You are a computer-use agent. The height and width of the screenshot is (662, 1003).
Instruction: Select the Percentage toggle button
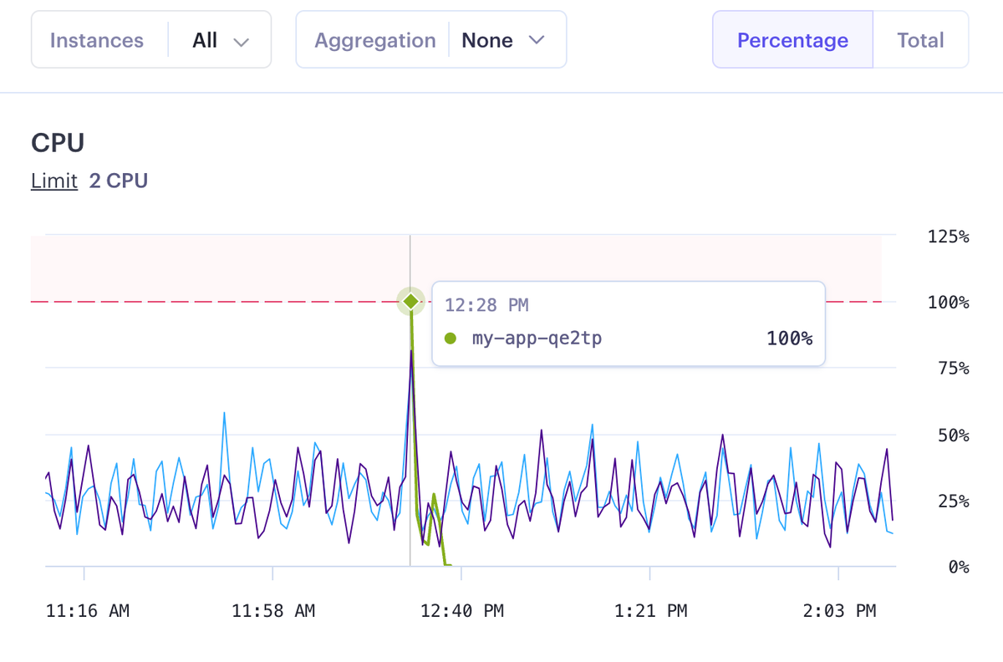792,40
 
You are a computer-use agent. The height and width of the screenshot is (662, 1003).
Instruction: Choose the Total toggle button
920,40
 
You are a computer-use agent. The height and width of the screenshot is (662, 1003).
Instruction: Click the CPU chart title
58,143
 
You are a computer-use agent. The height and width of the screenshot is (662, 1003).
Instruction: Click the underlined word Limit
54,181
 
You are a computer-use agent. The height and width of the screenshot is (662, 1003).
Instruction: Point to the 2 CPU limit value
119,181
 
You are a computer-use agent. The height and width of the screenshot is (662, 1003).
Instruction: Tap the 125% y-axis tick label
948,237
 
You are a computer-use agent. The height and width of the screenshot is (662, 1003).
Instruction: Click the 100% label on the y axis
948,303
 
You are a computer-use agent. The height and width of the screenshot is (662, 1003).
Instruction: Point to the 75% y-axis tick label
951,369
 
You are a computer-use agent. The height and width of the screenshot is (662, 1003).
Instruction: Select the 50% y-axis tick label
951,435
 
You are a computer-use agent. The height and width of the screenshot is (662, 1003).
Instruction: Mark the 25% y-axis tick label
951,502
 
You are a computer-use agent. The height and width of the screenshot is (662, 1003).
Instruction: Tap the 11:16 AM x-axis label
88,611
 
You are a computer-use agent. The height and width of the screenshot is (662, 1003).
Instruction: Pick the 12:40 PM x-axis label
462,611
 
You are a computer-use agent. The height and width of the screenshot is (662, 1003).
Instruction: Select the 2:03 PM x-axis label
839,611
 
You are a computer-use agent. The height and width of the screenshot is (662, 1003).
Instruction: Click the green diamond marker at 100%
410,301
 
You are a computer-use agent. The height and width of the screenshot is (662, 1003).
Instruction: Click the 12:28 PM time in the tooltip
486,305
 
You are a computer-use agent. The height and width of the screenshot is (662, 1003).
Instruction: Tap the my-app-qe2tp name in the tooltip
537,339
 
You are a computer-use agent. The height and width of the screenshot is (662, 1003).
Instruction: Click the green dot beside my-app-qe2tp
451,339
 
